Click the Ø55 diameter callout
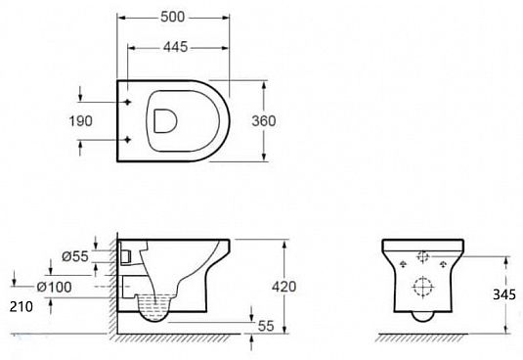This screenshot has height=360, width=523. (x=75, y=256)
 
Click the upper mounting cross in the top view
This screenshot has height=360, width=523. (x=128, y=101)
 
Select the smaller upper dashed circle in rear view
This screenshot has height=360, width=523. (x=422, y=259)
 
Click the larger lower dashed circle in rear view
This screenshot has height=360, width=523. (x=422, y=289)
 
